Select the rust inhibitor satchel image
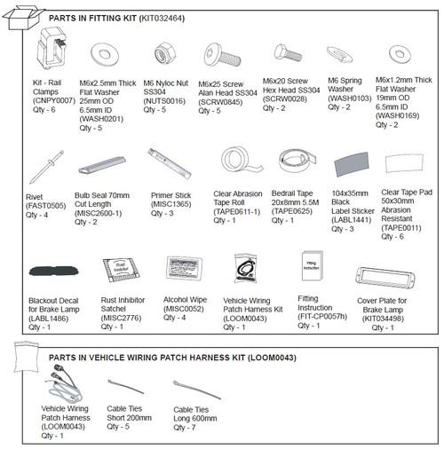pos(119,271)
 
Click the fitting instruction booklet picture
pos(313,269)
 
